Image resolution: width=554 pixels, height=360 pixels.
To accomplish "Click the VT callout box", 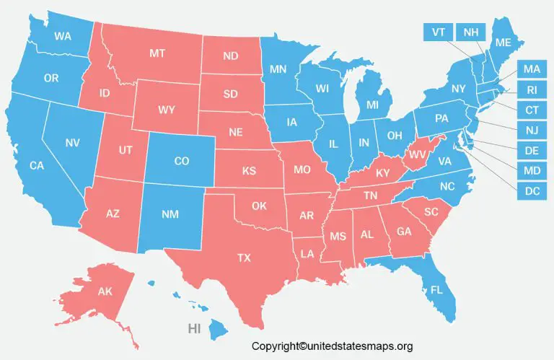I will [438, 32].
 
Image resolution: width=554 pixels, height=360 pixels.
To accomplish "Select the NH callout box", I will [470, 32].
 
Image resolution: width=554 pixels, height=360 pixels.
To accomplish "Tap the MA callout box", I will [532, 69].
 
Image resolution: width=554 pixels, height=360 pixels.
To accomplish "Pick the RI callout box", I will [532, 90].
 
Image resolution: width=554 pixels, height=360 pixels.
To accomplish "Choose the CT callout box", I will [532, 110].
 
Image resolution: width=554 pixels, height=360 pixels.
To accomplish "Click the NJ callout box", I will [532, 131].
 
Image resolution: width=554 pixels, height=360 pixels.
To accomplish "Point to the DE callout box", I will [532, 151].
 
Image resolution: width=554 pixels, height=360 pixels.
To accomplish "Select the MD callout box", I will [532, 171].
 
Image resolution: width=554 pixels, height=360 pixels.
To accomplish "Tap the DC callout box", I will [532, 191].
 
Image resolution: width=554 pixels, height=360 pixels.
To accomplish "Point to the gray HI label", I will [194, 328].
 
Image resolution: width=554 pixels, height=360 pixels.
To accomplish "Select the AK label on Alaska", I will [106, 292].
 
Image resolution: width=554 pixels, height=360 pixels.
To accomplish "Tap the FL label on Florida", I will [436, 291].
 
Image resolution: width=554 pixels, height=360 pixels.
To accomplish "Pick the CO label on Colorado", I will [182, 162].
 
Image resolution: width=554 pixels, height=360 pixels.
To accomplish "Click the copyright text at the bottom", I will [332, 347].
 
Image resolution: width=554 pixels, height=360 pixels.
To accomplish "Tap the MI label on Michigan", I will [372, 105].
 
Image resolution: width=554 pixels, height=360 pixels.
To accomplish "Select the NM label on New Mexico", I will [171, 214].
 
